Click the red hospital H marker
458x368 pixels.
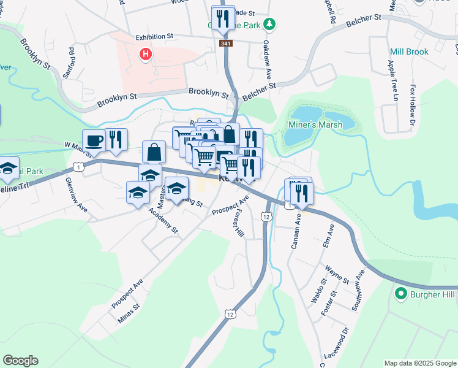[146, 55]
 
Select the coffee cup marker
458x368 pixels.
[94, 141]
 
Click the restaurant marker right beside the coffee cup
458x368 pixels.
[115, 140]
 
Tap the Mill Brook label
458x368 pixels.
[409, 52]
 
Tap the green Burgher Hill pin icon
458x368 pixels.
[401, 294]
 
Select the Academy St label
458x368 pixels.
[166, 223]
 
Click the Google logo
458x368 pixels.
[20, 361]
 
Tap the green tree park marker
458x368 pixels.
[269, 25]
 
